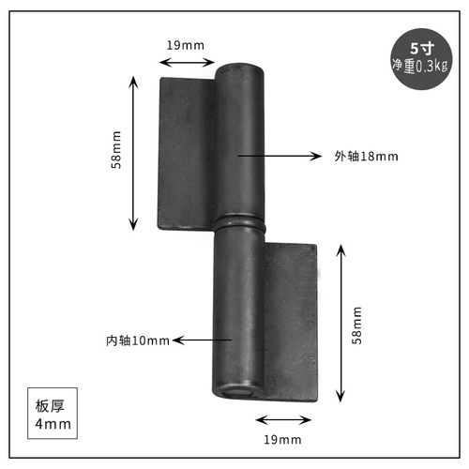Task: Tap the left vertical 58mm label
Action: pos(117,151)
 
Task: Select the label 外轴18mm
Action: pos(366,156)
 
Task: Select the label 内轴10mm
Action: pos(138,340)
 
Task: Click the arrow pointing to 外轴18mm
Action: pos(281,156)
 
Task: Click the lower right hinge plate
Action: pos(290,319)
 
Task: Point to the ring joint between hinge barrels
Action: pos(241,226)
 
